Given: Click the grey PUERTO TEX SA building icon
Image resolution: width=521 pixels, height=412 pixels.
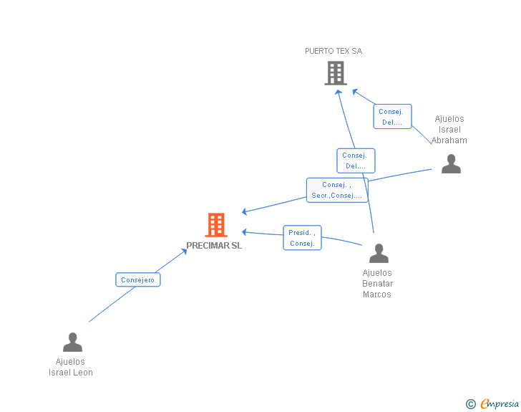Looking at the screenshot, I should click(x=335, y=72).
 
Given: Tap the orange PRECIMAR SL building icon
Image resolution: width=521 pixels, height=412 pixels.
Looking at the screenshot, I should click(x=215, y=225).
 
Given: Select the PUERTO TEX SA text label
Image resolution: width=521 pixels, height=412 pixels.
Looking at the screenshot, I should click(x=333, y=51).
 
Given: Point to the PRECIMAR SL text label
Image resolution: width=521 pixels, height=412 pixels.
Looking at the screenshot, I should click(x=214, y=246).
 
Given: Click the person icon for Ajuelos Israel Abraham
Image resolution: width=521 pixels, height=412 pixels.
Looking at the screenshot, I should click(x=451, y=164).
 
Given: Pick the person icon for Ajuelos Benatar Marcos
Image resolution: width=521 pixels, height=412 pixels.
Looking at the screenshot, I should click(x=379, y=253).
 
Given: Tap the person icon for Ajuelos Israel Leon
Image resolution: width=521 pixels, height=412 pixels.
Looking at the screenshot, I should click(x=72, y=342).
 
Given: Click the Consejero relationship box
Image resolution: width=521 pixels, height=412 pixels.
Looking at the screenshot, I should click(x=138, y=279).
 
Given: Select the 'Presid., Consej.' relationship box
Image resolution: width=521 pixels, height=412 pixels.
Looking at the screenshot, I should click(x=302, y=238).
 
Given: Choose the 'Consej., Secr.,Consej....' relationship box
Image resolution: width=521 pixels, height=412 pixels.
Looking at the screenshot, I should click(x=337, y=190).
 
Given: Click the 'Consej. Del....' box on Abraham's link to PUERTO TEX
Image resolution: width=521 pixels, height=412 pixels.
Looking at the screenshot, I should click(x=392, y=117).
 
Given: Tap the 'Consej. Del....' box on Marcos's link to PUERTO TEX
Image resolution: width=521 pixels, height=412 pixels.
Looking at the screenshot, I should click(x=356, y=161).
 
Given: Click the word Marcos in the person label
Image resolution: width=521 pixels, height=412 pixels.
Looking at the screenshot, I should click(x=377, y=294).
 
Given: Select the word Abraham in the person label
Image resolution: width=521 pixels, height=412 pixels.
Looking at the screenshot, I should click(x=449, y=140).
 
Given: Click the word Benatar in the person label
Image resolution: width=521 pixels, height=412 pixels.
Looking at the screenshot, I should click(x=377, y=284).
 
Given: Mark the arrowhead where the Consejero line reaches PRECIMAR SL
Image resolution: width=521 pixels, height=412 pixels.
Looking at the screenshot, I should click(x=185, y=250).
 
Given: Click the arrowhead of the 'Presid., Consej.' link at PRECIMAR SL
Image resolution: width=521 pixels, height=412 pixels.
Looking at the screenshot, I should click(x=245, y=231).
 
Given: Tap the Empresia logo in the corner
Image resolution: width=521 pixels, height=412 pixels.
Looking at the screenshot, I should click(x=499, y=404).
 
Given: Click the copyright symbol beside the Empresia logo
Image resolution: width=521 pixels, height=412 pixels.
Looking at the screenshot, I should click(x=471, y=404).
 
